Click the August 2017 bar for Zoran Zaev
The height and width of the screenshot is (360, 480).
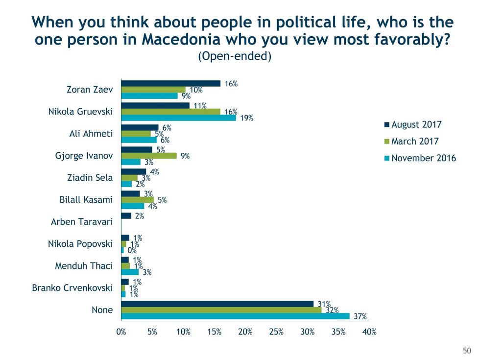click(170, 83)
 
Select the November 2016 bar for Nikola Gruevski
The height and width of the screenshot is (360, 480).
click(178, 118)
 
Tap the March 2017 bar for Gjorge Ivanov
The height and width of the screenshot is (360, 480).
click(149, 156)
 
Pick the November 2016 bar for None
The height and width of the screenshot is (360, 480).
click(235, 316)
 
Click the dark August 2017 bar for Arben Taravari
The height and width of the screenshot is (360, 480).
click(126, 216)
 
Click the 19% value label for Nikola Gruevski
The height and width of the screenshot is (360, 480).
click(246, 118)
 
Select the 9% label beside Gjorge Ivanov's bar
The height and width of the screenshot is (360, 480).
click(185, 156)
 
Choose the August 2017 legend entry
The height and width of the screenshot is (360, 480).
click(416, 124)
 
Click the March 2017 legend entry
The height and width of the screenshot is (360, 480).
click(414, 141)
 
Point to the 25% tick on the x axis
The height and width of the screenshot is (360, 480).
click(276, 332)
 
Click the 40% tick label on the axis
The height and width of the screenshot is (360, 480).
click(369, 332)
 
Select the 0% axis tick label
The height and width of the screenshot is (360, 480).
click(121, 332)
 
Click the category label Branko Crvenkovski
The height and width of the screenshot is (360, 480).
click(72, 288)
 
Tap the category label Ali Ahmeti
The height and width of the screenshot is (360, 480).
click(91, 134)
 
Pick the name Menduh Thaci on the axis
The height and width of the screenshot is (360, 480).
click(84, 266)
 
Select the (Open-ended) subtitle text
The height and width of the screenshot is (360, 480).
click(235, 56)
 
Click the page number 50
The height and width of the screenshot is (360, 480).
click(467, 350)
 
